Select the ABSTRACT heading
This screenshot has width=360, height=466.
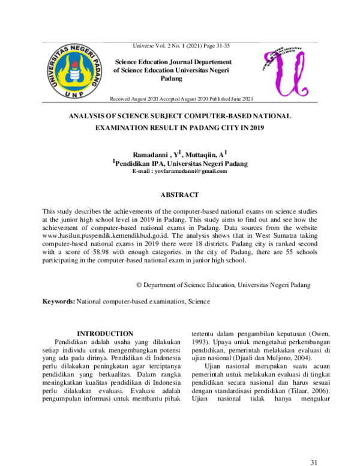pos(179,195)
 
